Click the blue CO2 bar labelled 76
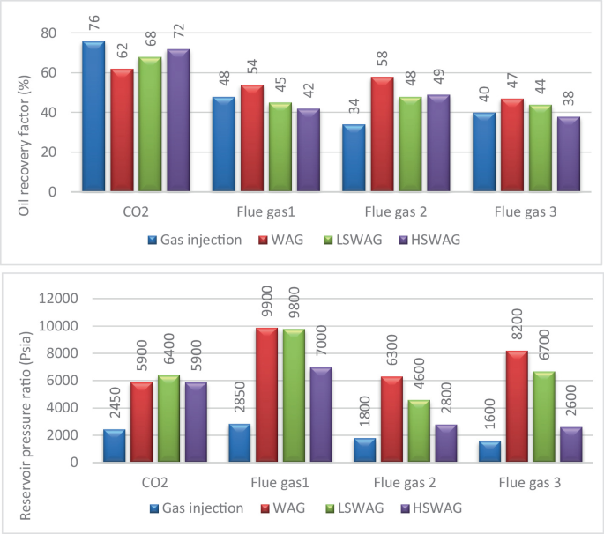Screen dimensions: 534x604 coord(93,116)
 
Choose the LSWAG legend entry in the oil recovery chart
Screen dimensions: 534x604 coord(362,238)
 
